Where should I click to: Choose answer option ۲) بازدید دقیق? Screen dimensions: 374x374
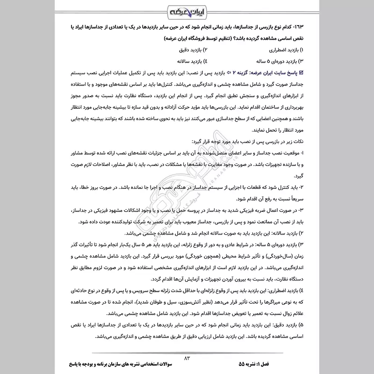pyautogui.click(x=193, y=50)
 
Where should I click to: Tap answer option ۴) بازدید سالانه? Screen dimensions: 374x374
pyautogui.click(x=192, y=61)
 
